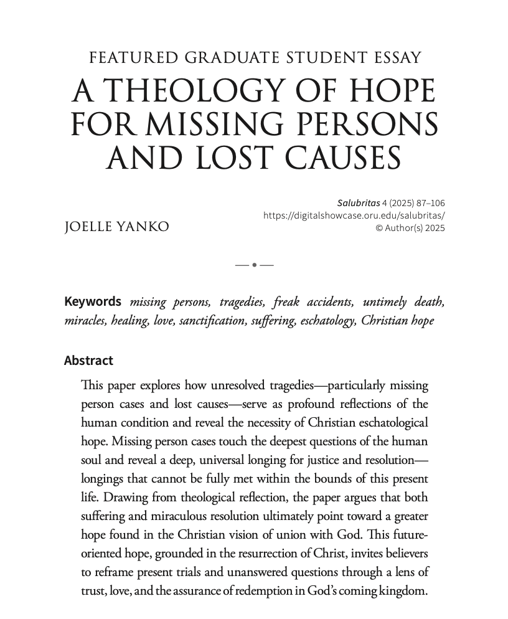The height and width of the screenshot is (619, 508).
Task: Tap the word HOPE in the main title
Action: tap(389, 92)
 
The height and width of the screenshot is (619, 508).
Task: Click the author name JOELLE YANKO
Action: tap(116, 227)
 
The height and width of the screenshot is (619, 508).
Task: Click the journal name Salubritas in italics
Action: tap(358, 203)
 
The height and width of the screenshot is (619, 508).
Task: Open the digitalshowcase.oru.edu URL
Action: tap(354, 215)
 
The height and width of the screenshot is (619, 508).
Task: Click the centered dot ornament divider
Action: tap(255, 265)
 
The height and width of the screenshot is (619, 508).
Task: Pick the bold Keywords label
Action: tap(93, 302)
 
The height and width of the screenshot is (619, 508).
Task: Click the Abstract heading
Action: tap(88, 361)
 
